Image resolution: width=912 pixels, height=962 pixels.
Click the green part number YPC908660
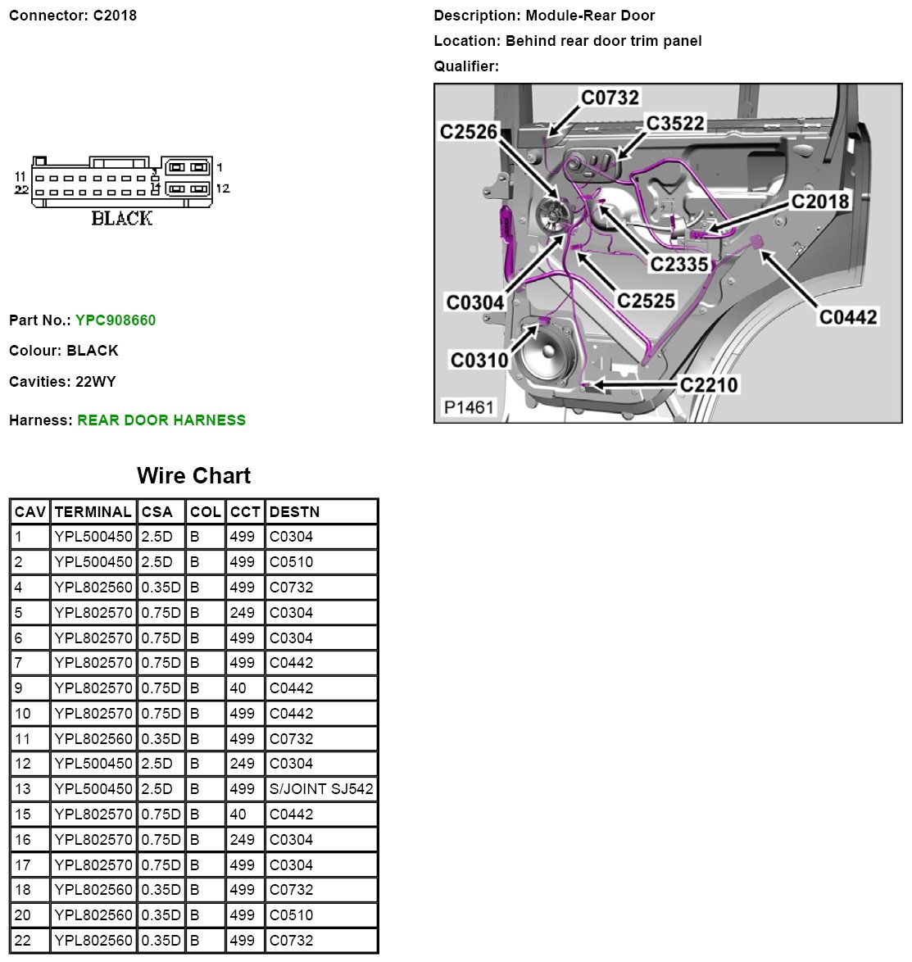pos(116,320)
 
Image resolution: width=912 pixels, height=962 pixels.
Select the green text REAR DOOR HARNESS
pos(161,420)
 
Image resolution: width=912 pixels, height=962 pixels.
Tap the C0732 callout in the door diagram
pos(610,98)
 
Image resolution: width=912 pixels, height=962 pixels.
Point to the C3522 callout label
pos(675,124)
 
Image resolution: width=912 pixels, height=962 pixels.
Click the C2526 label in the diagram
pos(469,132)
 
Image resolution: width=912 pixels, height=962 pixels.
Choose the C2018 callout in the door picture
pos(819,202)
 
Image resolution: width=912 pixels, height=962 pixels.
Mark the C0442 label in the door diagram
pos(848,317)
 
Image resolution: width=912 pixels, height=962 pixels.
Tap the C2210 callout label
pos(709,385)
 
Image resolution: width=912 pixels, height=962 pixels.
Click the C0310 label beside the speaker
pos(479,360)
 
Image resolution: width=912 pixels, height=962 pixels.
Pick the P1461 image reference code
pos(469,407)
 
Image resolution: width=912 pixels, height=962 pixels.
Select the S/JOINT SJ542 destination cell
pos(321,789)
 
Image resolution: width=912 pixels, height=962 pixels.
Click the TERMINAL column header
pos(93,512)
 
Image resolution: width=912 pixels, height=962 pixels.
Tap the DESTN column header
pos(294,512)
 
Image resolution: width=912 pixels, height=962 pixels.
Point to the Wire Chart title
pos(193,476)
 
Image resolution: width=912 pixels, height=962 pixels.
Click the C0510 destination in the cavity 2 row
pos(291,562)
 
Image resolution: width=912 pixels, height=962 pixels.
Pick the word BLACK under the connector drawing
pos(122,218)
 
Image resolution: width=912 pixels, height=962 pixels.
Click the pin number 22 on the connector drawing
pos(22,190)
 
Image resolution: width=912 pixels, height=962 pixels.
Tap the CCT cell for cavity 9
pos(238,688)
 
